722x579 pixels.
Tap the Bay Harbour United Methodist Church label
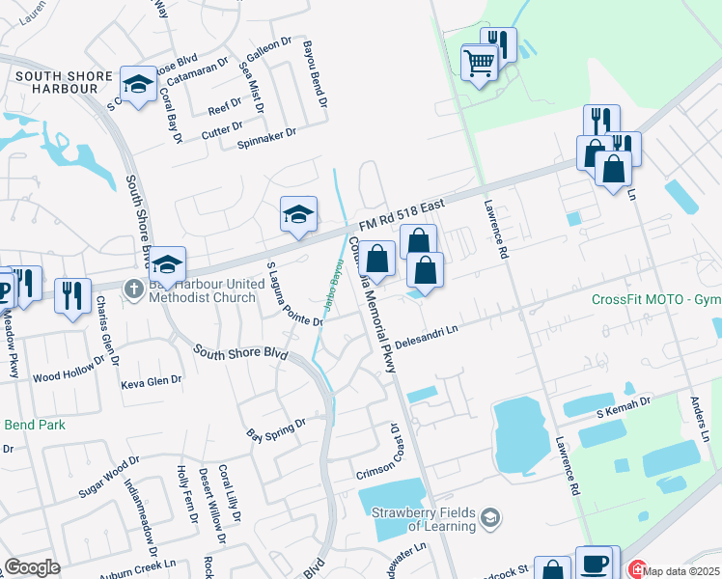pos(207,290)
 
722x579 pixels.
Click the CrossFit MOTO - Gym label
pos(655,298)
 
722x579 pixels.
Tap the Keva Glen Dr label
pos(151,383)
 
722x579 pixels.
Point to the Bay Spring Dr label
pos(275,427)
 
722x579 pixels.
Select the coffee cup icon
pos(595,563)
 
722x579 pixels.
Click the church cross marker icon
pos(134,287)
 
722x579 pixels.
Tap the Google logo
pos(32,567)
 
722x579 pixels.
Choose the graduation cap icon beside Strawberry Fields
pos(490,519)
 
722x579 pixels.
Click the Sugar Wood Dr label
pos(109,477)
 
